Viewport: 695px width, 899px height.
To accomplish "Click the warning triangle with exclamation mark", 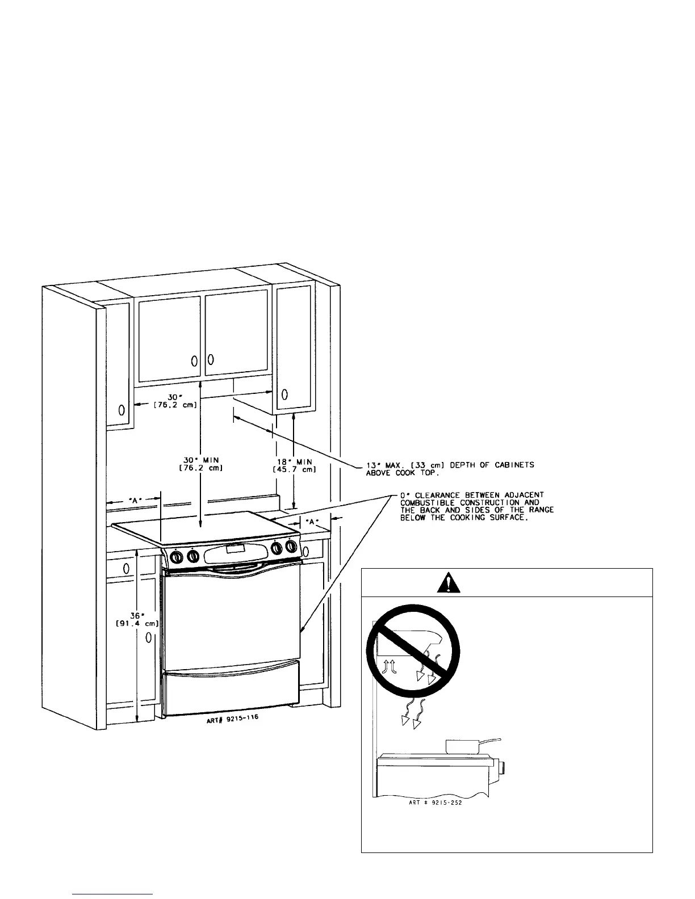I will (x=449, y=582).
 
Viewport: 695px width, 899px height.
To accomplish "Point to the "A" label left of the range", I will (x=135, y=501).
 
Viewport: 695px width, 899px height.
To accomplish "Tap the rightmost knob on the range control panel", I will (x=291, y=546).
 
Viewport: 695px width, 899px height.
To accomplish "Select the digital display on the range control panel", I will (x=235, y=549).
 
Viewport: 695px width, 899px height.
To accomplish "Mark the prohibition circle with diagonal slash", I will (x=412, y=652).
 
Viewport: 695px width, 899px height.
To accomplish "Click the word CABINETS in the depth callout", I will (x=514, y=465).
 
